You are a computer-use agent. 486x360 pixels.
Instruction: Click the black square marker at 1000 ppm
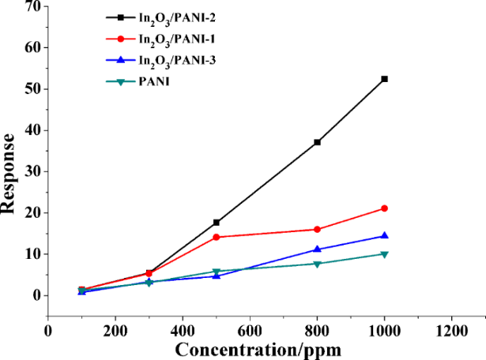pos(385,79)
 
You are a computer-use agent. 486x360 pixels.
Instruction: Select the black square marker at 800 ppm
pos(318,142)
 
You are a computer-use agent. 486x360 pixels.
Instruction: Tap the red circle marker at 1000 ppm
pos(385,208)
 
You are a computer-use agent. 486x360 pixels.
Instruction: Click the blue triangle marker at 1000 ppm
pos(385,235)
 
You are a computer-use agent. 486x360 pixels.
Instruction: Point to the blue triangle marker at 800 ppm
pos(318,249)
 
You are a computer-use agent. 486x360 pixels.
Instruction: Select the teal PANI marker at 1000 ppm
pos(385,254)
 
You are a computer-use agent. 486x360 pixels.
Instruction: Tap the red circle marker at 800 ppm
pos(318,230)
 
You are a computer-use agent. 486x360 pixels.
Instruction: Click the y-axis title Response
pos(10,174)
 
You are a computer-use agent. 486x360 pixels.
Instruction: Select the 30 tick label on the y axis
pos(32,171)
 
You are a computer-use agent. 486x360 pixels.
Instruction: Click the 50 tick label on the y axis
pos(32,89)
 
